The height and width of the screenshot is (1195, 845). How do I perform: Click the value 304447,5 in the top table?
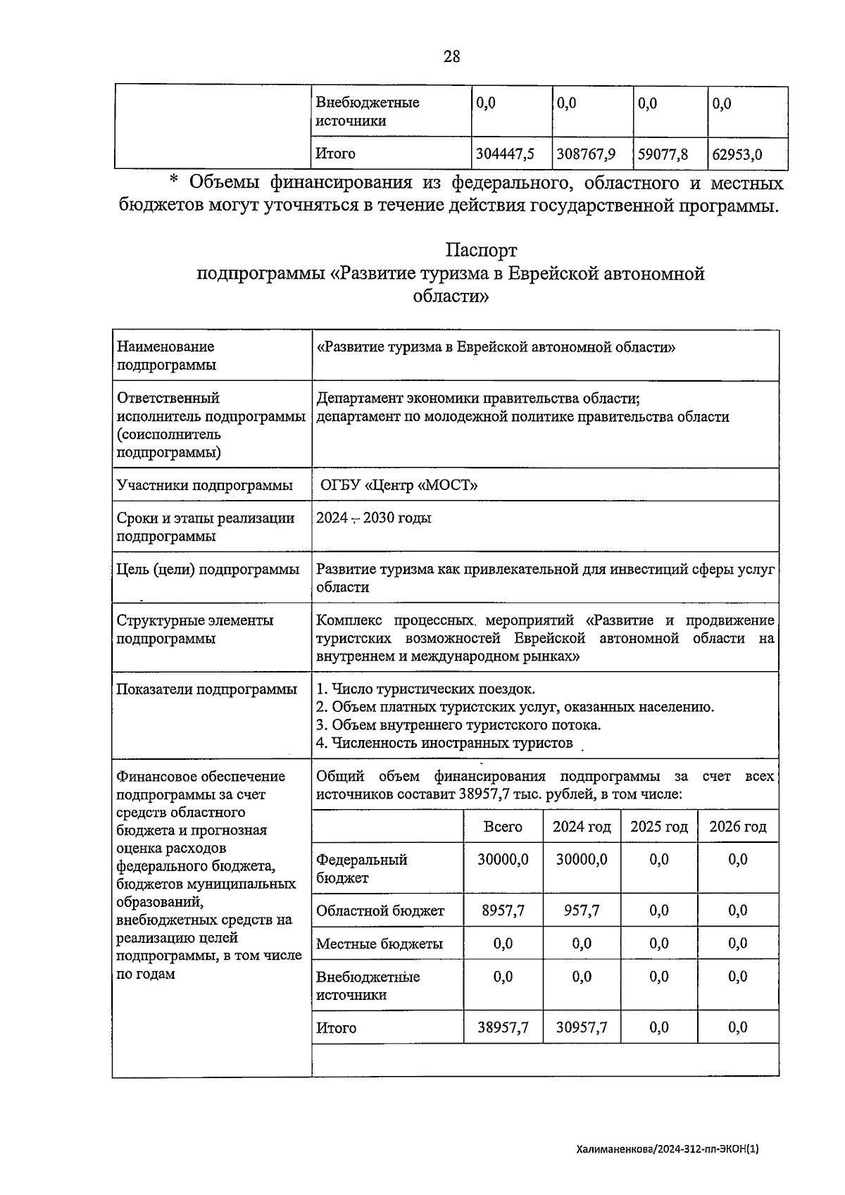505,154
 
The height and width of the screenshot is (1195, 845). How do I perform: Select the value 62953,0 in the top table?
737,154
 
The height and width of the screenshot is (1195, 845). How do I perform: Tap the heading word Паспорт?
481,250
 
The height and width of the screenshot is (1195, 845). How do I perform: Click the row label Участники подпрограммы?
204,484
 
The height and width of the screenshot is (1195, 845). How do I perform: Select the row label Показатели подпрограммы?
206,689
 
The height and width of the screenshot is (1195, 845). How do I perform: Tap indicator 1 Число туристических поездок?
425,689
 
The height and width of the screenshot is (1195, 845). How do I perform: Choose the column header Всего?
503,826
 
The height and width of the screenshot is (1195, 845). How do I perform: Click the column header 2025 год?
658,826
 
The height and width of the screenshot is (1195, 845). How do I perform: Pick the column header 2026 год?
737,826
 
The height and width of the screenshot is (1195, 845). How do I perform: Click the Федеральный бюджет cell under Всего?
503,859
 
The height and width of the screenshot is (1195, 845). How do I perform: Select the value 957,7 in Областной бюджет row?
582,910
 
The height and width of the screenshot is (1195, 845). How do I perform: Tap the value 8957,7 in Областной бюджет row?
503,910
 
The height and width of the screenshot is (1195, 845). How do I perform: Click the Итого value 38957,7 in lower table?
503,1027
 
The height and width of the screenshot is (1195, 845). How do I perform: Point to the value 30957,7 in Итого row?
582,1027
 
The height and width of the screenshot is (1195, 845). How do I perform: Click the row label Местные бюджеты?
380,944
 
